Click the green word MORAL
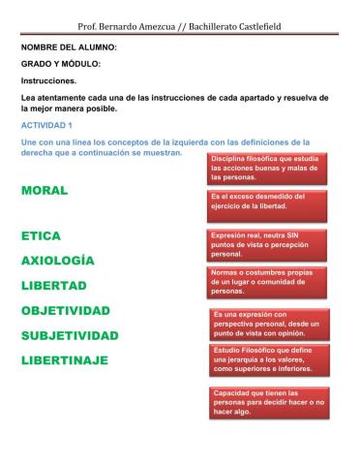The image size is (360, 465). (x=44, y=191)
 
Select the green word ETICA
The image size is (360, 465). (x=41, y=236)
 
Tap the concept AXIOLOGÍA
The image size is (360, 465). (x=58, y=262)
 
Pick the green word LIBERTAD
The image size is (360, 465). (x=54, y=286)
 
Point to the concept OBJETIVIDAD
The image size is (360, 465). (x=65, y=311)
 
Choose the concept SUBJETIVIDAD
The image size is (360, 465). (x=69, y=336)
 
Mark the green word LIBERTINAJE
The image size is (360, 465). (x=64, y=361)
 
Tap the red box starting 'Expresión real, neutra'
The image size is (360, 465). (x=257, y=244)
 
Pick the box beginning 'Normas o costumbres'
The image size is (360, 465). (x=259, y=282)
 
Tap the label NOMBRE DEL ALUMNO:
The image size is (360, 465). (x=69, y=46)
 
